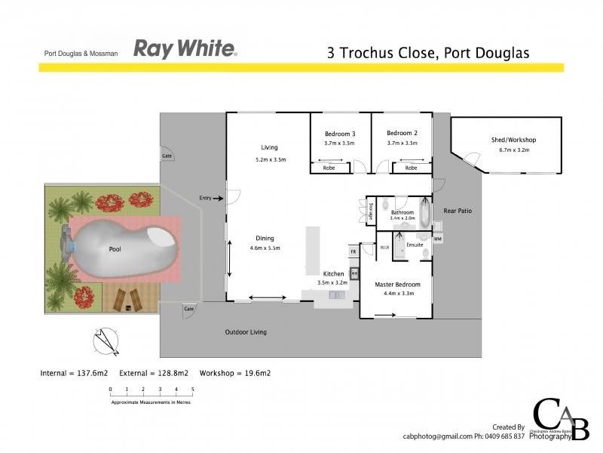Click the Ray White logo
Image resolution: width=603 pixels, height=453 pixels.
point(185,50)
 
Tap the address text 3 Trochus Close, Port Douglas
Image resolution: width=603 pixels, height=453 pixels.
point(428,53)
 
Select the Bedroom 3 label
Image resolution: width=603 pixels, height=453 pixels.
point(339,134)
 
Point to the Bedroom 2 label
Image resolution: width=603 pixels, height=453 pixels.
point(402,134)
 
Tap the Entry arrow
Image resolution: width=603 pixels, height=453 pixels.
point(219,199)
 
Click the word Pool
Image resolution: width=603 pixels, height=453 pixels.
point(115,248)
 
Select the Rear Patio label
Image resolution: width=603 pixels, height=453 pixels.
point(457,211)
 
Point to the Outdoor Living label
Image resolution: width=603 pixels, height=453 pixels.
point(246,331)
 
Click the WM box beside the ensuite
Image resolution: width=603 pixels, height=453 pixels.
point(438,239)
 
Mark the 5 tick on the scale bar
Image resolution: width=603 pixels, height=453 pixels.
point(193,390)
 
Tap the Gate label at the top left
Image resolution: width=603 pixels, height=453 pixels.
point(167,156)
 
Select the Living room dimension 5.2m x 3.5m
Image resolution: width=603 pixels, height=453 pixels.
point(270,160)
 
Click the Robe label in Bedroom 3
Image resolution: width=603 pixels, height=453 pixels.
point(329,168)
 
